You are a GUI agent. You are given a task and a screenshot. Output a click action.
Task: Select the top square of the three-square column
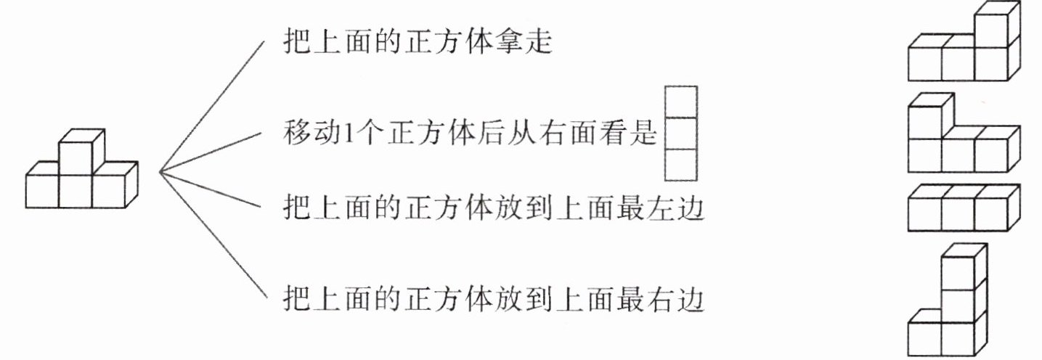click(x=681, y=102)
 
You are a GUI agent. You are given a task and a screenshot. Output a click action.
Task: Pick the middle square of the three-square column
click(x=681, y=134)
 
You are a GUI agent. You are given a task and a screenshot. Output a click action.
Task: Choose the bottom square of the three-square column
click(x=681, y=164)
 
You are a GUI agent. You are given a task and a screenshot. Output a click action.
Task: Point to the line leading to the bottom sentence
click(x=211, y=236)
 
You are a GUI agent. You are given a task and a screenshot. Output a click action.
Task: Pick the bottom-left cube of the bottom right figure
click(x=925, y=335)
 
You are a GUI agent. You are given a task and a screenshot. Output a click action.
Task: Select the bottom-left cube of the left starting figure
click(x=42, y=191)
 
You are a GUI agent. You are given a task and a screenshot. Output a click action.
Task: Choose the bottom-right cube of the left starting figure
click(x=109, y=191)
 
